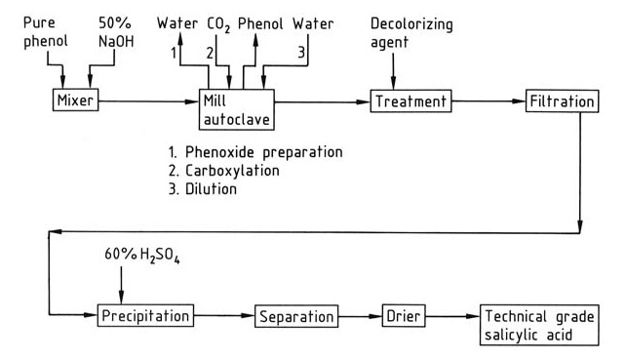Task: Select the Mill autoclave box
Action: tap(236, 106)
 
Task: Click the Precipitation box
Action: tap(144, 316)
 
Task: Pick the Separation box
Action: tap(295, 316)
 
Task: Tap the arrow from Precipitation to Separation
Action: tap(224, 316)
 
